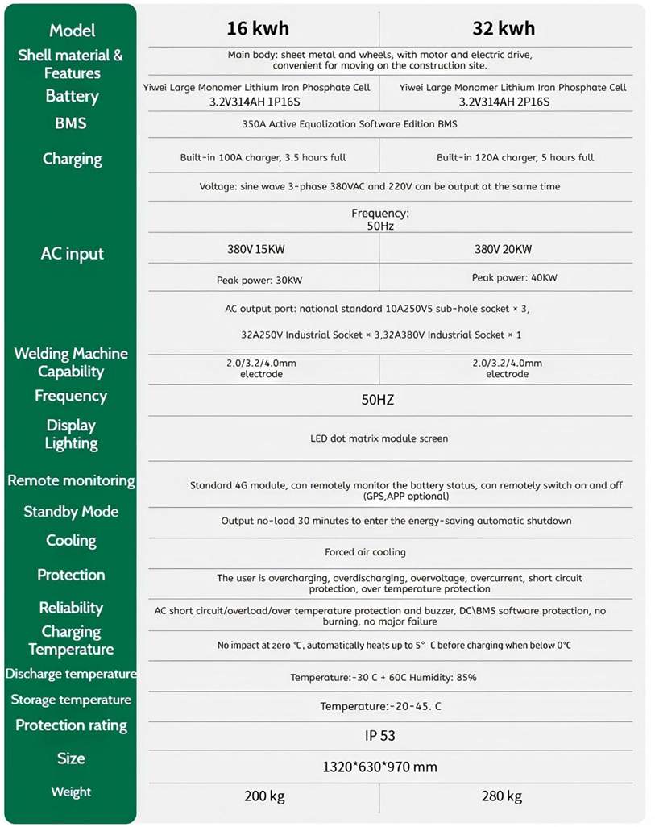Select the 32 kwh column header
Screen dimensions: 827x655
504,29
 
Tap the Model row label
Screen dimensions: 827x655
72,31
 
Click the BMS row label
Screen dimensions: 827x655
71,123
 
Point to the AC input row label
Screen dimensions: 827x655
72,254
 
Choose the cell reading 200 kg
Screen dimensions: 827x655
264,796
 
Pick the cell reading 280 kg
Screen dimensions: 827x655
502,796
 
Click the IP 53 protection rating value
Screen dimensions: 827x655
379,736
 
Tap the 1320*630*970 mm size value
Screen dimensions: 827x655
379,767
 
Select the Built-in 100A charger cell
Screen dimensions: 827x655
263,157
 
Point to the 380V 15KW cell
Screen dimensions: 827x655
256,250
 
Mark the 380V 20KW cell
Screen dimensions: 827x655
503,250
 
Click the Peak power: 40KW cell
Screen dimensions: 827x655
514,277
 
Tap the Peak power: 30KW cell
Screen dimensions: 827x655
259,281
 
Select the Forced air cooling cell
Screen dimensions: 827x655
365,552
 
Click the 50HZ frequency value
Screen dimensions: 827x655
378,400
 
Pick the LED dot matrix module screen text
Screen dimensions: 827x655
379,438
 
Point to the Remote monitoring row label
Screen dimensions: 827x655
71,480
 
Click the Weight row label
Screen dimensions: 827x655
71,792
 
